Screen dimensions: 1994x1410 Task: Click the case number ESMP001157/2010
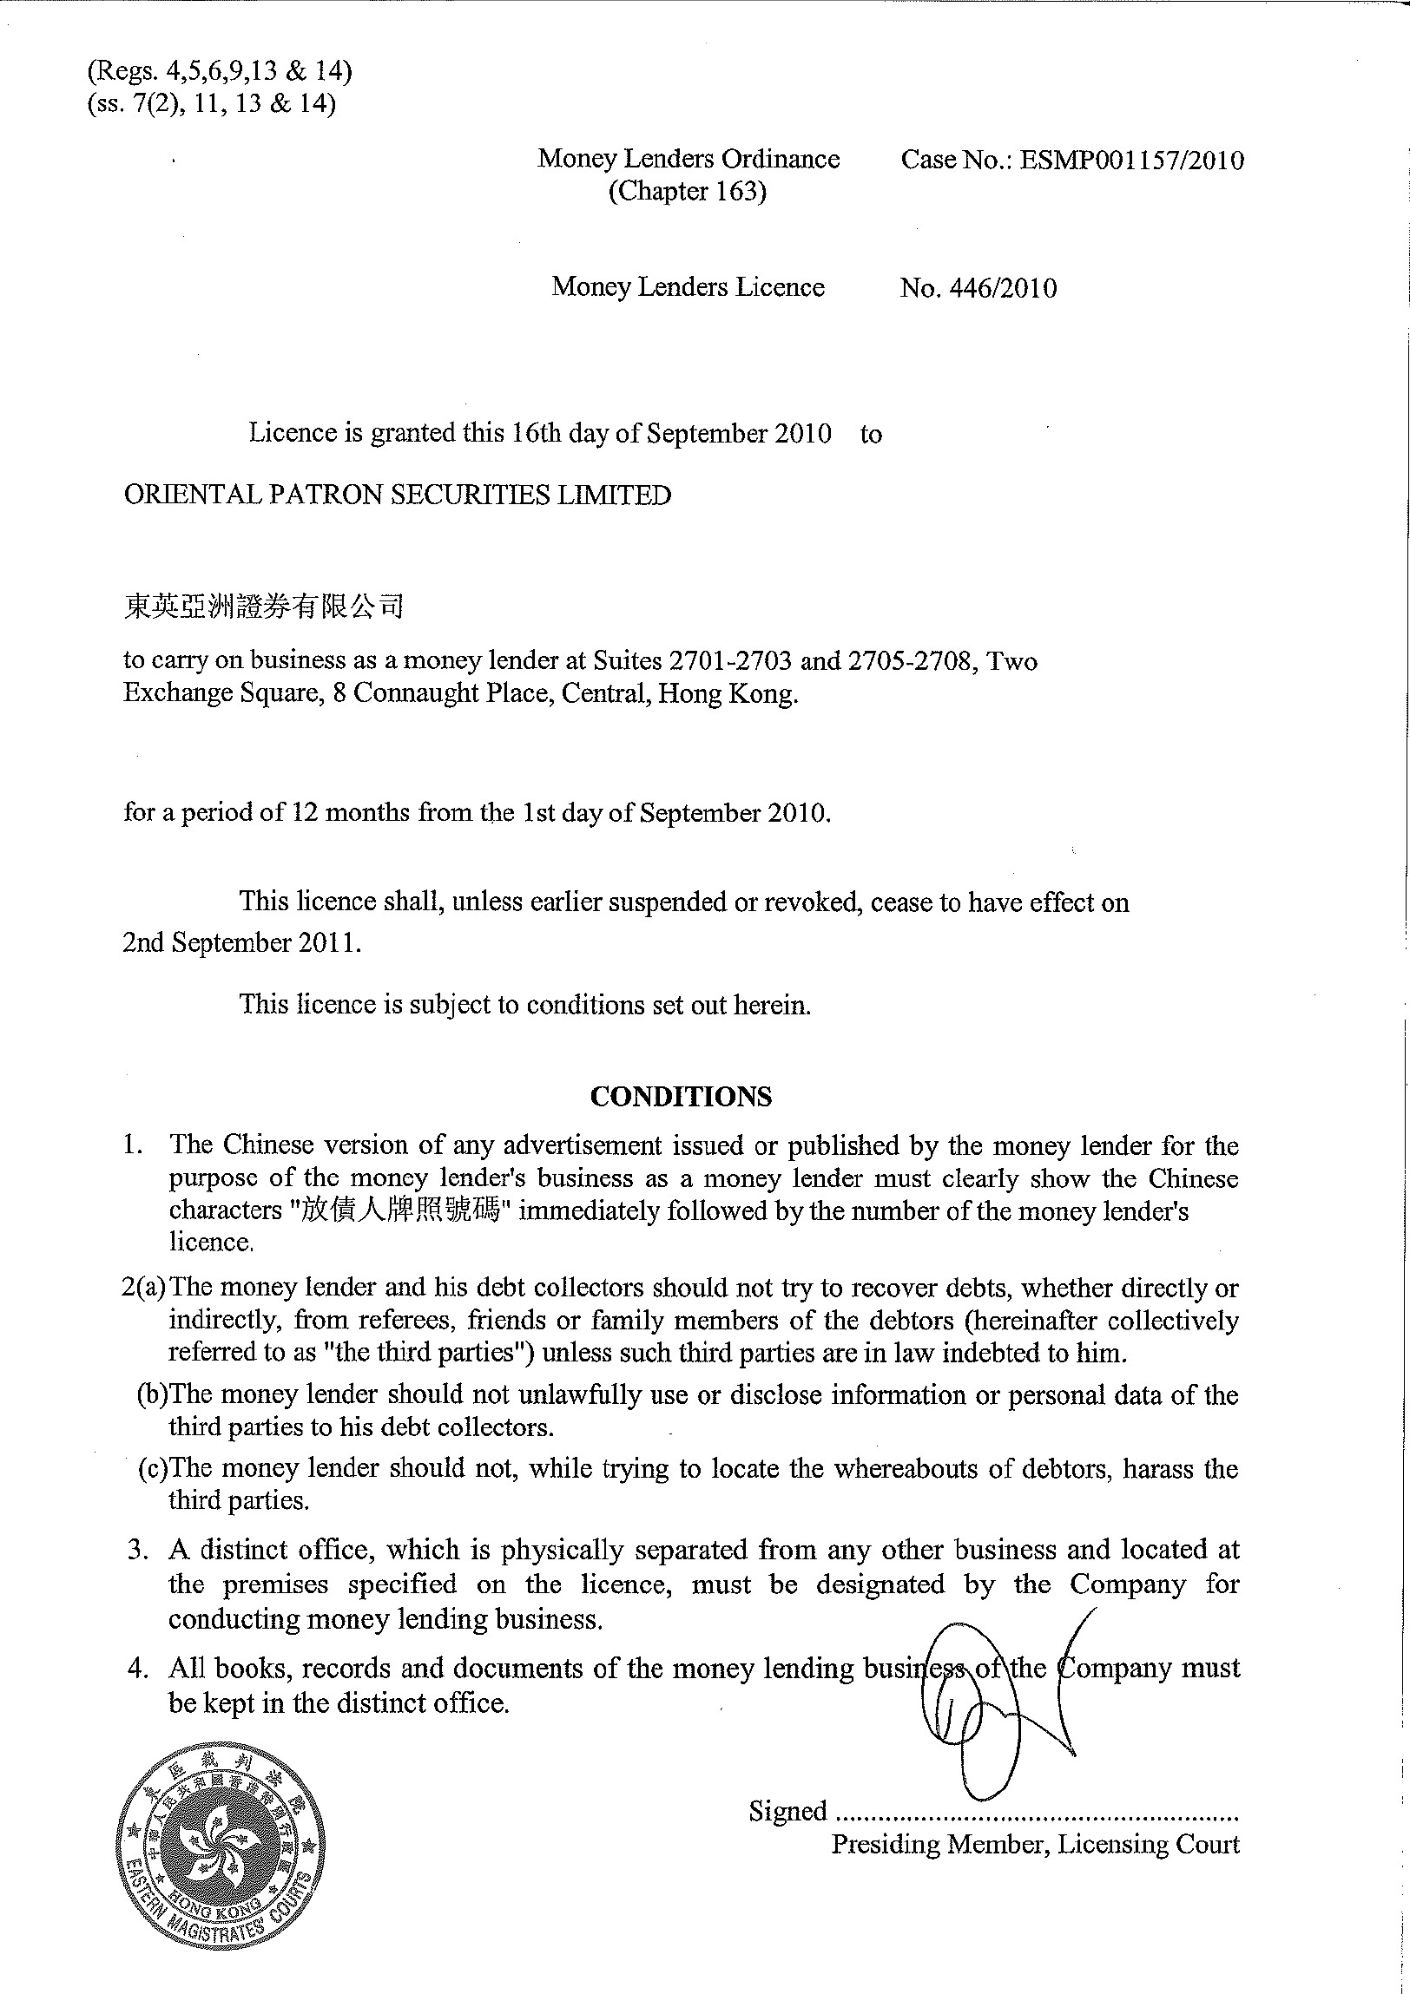[x=1131, y=160]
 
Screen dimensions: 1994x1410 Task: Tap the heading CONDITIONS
[x=680, y=1096]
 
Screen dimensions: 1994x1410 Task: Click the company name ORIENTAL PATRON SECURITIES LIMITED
[x=397, y=495]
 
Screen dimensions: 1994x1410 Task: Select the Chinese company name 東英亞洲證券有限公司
[x=263, y=607]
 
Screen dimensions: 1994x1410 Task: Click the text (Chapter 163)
[x=686, y=191]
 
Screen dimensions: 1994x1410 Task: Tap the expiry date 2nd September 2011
[x=240, y=942]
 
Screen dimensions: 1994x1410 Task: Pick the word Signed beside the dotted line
[x=787, y=1811]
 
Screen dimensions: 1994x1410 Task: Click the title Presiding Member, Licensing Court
[x=1035, y=1844]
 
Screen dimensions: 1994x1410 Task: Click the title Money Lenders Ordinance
[x=688, y=159]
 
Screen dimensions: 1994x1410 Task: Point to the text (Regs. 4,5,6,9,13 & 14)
[x=220, y=70]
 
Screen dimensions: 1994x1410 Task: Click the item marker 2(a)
[x=143, y=1287]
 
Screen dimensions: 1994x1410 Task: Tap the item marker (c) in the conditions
[x=152, y=1468]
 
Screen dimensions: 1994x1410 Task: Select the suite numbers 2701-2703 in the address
[x=730, y=661]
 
